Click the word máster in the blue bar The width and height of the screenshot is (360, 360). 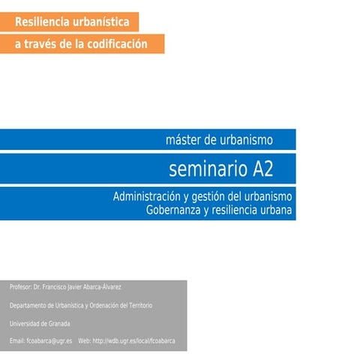point(183,140)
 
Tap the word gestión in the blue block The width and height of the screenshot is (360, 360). point(207,197)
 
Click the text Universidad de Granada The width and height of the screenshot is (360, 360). point(40,323)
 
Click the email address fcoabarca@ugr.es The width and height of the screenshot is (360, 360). point(49,341)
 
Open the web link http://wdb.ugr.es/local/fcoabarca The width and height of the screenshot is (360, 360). point(134,341)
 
